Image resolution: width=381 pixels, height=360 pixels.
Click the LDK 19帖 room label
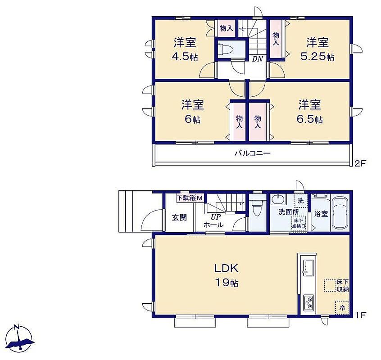226,275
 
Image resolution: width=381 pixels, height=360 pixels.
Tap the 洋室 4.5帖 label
185,49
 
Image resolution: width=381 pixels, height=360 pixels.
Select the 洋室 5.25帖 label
317,49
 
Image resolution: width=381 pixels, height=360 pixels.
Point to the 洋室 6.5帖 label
310,112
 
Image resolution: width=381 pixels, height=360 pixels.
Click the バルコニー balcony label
253,153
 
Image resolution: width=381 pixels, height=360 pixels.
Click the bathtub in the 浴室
340,213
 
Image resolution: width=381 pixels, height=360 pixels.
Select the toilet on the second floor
225,49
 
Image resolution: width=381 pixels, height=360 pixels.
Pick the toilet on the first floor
257,207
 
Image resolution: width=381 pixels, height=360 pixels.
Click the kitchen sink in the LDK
308,267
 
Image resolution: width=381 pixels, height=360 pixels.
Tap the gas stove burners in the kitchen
308,302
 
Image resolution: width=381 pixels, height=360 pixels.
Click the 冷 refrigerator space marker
342,308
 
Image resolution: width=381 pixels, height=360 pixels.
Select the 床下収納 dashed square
330,285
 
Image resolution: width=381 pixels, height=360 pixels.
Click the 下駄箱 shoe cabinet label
186,198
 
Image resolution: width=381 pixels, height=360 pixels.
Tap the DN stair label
257,59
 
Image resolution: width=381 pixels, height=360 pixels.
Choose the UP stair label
216,216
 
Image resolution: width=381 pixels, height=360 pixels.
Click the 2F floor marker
360,163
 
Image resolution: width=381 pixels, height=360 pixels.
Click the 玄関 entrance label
179,217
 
